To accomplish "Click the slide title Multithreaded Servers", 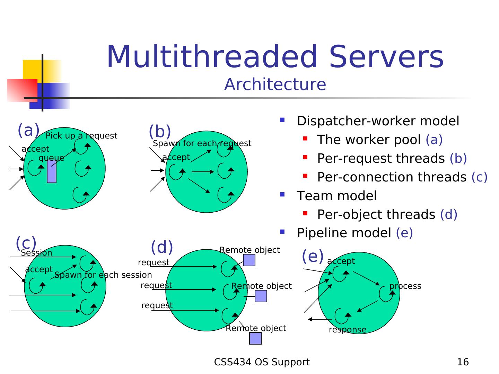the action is (275, 56).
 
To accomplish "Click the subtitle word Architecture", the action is (275, 84).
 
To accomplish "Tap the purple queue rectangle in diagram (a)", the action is (51, 172).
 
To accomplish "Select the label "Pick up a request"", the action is (81, 136).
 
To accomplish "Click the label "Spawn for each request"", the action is (202, 143).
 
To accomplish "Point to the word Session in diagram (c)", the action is (36, 253).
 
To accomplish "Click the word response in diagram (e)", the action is (347, 330).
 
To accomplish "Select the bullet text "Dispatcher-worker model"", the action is (378, 121).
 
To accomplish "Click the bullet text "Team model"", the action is (336, 196).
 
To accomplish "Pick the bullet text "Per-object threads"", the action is (376, 215).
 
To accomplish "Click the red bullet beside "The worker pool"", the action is (305, 139).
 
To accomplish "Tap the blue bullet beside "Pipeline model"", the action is (282, 232).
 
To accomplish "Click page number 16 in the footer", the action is (463, 362).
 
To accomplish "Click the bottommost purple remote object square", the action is (255, 339).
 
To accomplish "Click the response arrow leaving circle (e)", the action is (320, 320).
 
